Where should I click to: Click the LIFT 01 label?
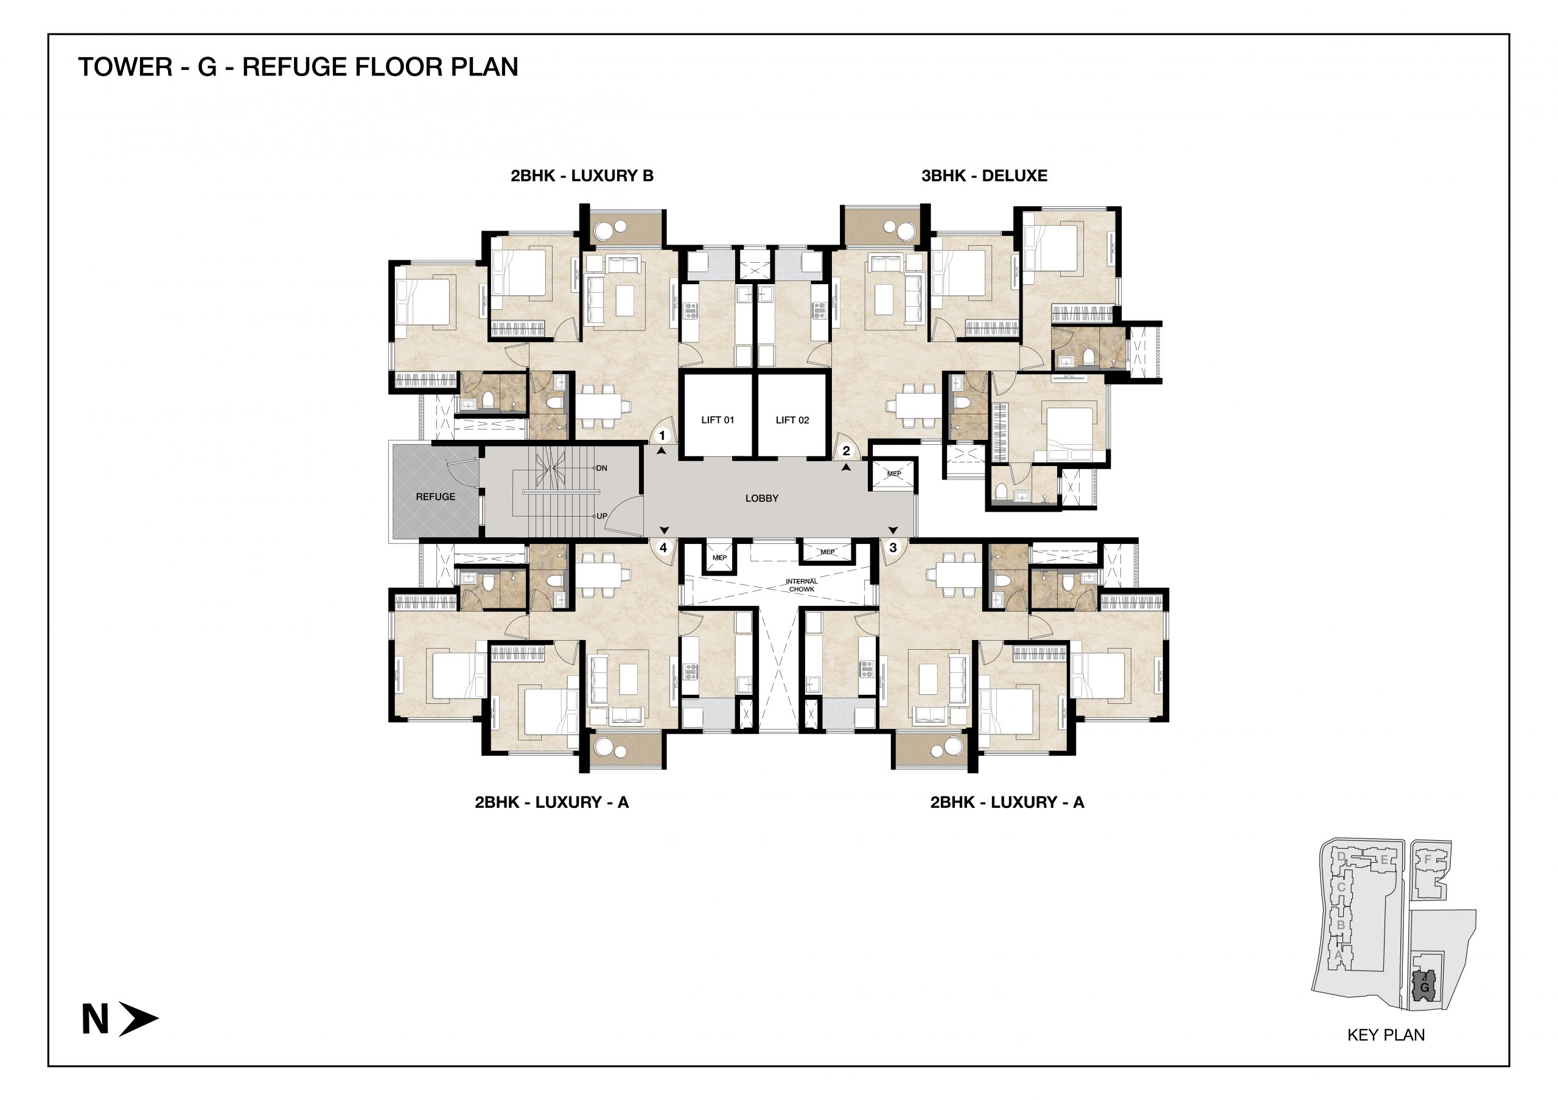[718, 420]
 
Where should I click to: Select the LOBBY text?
[761, 498]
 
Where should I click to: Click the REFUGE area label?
[435, 496]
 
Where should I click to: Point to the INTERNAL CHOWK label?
[802, 585]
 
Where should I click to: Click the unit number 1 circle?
[662, 436]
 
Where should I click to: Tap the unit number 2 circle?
[845, 450]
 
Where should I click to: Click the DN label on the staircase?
[601, 468]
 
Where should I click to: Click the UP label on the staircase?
[601, 516]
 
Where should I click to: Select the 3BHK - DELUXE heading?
[984, 176]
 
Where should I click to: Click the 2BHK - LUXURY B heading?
[582, 176]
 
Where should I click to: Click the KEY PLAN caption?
[1386, 1035]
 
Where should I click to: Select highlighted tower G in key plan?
[1424, 986]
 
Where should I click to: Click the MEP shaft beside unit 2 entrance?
[893, 473]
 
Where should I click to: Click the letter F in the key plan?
[1427, 859]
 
